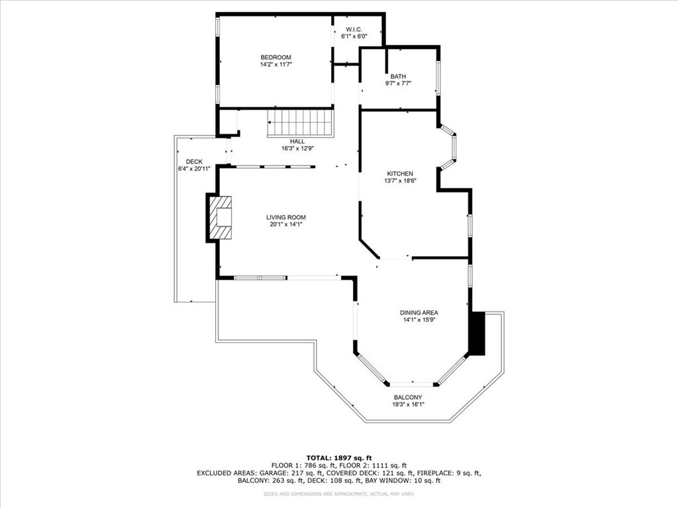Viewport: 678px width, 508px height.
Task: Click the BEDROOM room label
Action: point(275,58)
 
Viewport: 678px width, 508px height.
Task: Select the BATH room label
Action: point(398,76)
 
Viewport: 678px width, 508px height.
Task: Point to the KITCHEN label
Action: point(400,173)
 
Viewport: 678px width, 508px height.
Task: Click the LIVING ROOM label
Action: point(286,217)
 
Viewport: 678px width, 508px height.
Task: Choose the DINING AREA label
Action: point(418,312)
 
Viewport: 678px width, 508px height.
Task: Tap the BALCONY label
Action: point(408,398)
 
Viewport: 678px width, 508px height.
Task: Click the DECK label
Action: point(194,161)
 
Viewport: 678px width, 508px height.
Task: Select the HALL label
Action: point(297,142)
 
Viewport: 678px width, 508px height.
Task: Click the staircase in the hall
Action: point(300,123)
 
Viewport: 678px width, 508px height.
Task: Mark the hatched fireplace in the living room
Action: point(221,218)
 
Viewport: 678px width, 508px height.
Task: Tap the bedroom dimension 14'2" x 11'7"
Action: point(275,65)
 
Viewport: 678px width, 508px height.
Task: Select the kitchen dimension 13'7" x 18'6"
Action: point(401,181)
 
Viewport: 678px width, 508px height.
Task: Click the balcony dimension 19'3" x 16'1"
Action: point(408,405)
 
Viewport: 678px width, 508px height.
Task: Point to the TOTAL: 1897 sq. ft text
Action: point(339,458)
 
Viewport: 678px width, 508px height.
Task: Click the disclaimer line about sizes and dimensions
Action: point(339,494)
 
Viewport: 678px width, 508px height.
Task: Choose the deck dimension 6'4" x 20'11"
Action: point(194,169)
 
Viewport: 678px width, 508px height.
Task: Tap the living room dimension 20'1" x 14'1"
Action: point(286,224)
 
